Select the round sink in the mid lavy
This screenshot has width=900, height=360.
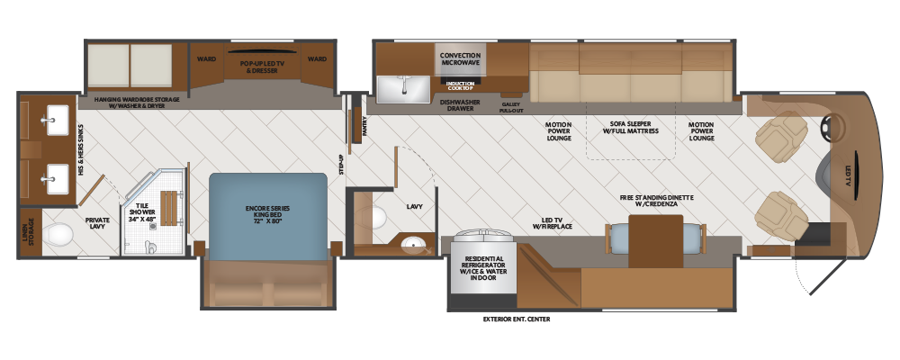413,246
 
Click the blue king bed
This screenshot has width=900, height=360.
268,217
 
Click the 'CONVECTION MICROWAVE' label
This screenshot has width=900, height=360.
460,59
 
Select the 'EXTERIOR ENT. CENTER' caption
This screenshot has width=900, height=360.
517,319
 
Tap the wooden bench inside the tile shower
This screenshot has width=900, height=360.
169,208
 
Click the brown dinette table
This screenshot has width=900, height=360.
655,241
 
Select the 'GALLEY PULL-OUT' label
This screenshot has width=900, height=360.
511,107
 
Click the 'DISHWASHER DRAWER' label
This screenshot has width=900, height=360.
460,105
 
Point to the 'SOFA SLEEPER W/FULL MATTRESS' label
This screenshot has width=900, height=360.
630,128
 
